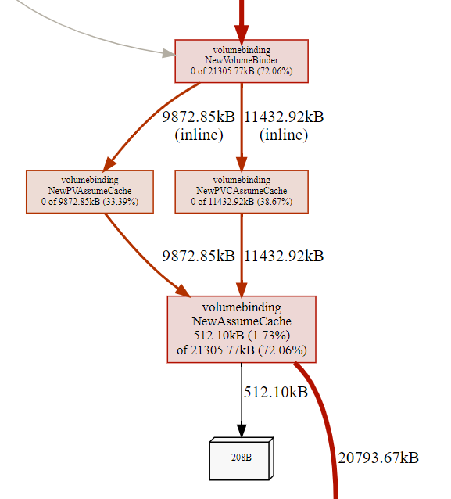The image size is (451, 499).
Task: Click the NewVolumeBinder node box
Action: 242,60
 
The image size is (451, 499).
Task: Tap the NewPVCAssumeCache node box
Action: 242,191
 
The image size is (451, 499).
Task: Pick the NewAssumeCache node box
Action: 242,328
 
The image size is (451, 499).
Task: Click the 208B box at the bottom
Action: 242,458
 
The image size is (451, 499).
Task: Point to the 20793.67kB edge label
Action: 378,458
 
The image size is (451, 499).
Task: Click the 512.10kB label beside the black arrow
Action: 276,392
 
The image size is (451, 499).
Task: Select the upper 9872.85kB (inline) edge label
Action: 199,126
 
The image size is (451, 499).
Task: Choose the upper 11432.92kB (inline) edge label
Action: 284,126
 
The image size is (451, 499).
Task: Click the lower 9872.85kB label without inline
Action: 199,256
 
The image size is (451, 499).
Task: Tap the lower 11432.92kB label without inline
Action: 284,256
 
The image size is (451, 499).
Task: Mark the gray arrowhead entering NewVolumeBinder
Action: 167,54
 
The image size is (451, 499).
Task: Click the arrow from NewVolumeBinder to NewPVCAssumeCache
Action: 242,125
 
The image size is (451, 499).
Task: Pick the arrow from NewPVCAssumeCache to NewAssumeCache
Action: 242,254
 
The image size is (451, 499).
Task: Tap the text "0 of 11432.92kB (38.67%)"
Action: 242,202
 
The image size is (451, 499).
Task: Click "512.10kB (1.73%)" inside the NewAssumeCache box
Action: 242,336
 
